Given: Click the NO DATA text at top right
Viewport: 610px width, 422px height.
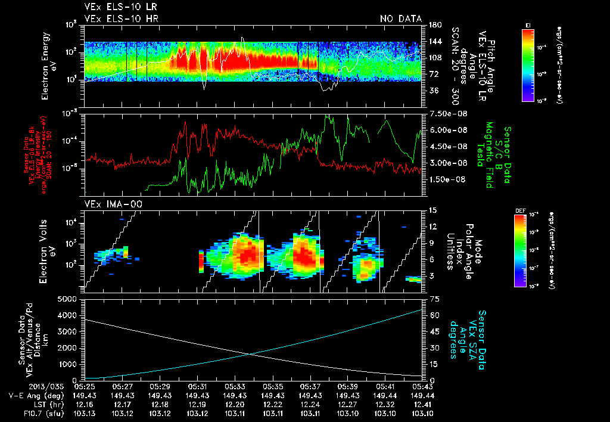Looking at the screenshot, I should click(x=400, y=19).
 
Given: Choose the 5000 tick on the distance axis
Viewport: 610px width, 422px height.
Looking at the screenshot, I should click(x=70, y=299).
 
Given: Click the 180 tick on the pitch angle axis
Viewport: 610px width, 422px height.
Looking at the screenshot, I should click(x=434, y=24).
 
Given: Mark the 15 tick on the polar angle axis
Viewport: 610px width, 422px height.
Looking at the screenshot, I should click(x=433, y=210).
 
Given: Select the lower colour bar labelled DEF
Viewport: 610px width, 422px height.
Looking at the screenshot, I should click(x=528, y=250).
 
